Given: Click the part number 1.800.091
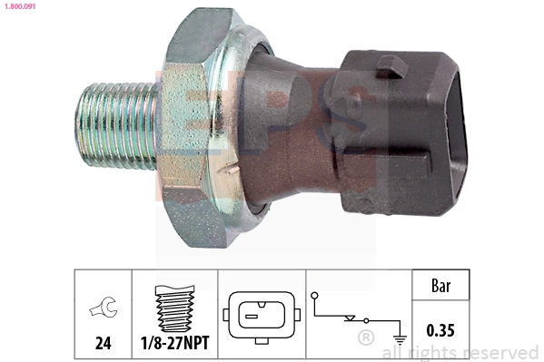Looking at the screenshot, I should tap(20, 6).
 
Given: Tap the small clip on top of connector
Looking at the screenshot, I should tap(392, 63).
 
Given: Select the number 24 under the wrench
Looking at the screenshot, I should tap(103, 345).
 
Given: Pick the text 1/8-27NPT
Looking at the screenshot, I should tap(174, 345).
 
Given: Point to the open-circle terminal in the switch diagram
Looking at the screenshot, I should tap(314, 295).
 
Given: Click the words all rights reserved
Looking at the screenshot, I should tap(460, 352).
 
